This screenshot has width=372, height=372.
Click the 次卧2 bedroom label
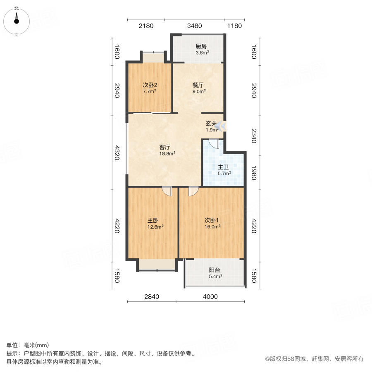click(x=149, y=85)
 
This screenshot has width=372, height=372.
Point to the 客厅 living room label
click(x=165, y=147)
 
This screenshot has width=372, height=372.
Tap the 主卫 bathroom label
click(x=224, y=167)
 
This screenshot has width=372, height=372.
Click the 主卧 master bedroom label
click(x=153, y=220)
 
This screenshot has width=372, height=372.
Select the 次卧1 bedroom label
click(x=212, y=220)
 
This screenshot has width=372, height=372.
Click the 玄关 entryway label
click(x=211, y=123)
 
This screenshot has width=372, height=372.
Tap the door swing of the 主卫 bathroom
click(x=214, y=143)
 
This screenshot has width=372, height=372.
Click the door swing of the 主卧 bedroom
click(x=167, y=191)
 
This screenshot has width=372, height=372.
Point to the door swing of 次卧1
click(x=193, y=191)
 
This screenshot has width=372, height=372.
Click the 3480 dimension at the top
click(x=194, y=26)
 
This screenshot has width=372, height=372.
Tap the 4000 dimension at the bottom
click(x=210, y=296)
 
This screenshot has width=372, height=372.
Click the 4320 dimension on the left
click(x=117, y=152)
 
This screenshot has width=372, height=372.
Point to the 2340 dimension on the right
click(x=254, y=136)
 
